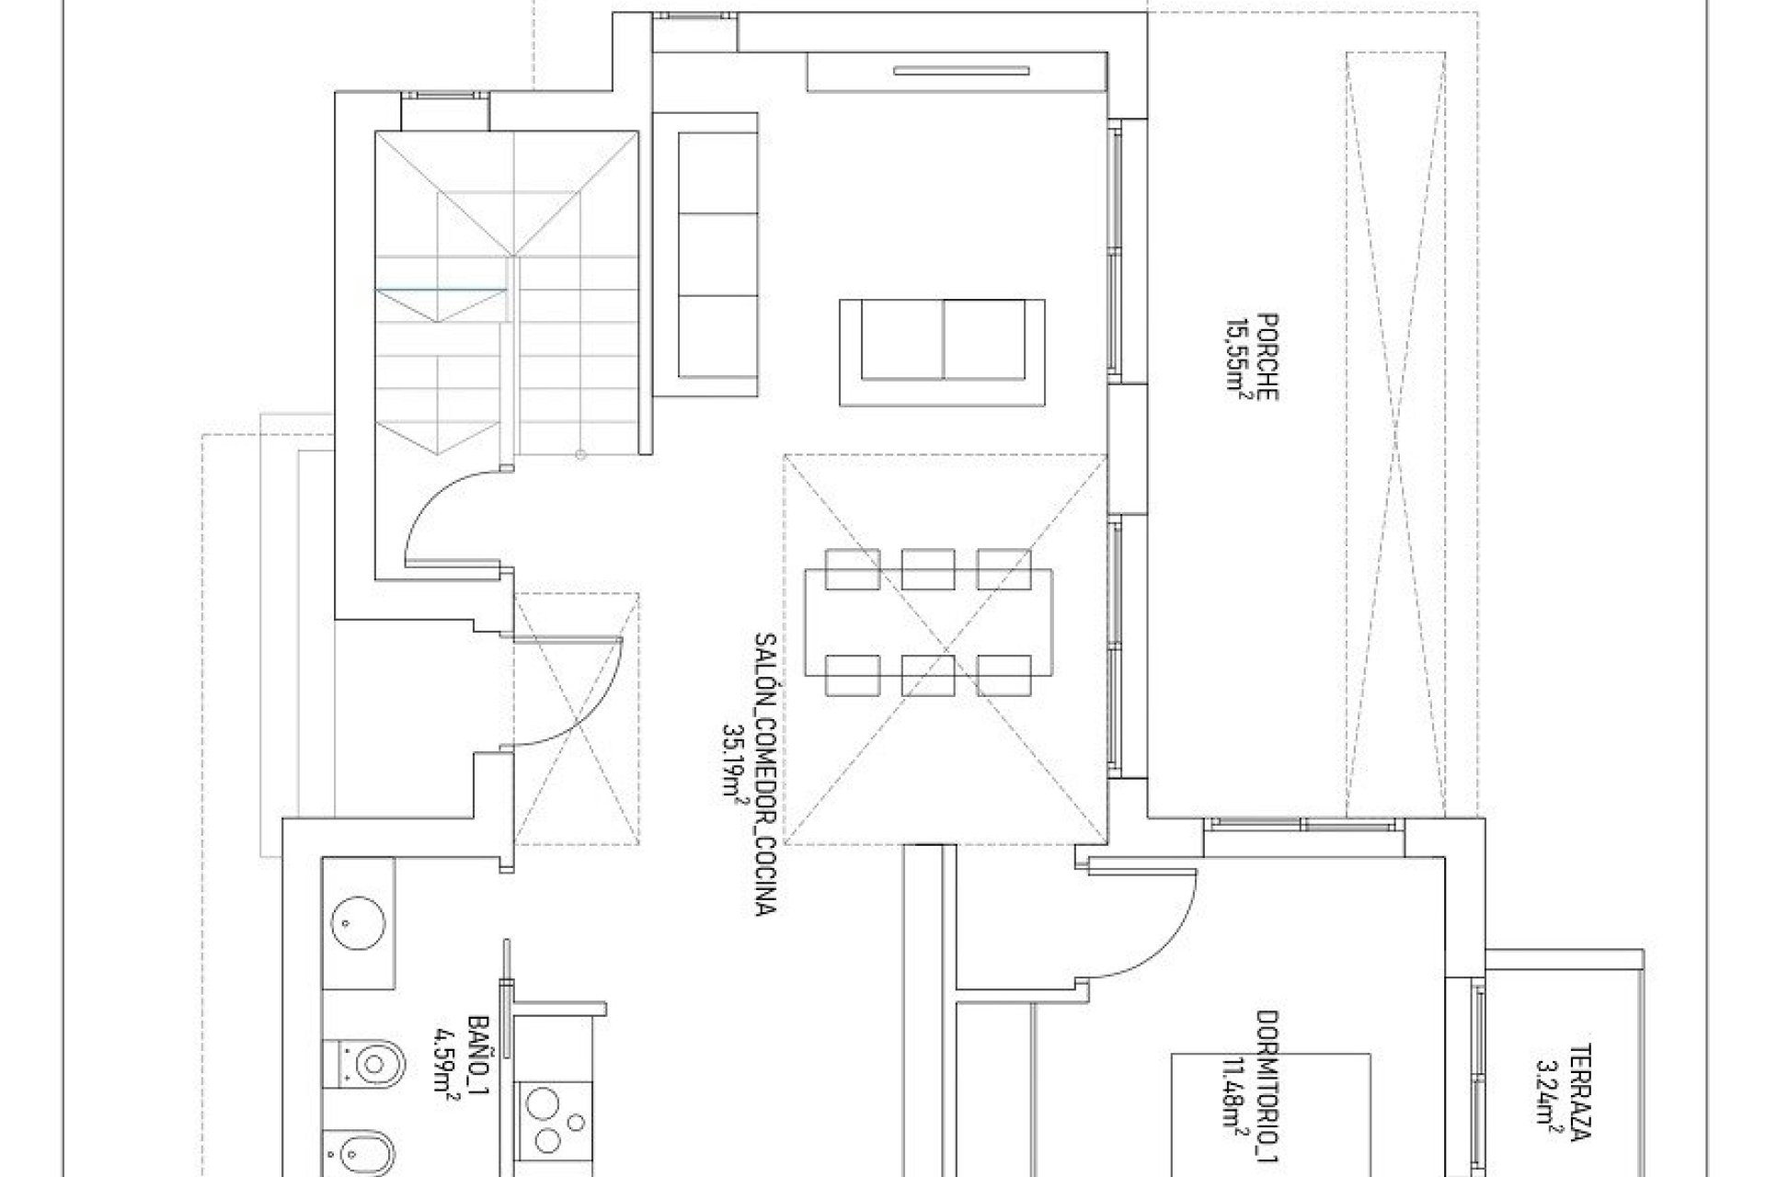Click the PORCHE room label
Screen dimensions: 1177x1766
[1267, 359]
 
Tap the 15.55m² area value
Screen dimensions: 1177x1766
[1234, 359]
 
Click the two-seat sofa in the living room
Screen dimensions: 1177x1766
[943, 352]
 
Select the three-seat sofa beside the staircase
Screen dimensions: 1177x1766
[717, 256]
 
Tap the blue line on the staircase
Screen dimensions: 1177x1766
[441, 290]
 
